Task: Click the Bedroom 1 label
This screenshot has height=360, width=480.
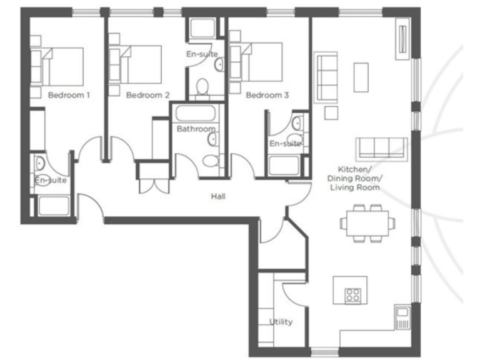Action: (69, 96)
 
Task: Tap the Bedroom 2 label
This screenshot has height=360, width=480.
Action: (147, 96)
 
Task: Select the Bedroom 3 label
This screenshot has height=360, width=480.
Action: (267, 96)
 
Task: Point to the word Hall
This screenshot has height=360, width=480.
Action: (218, 197)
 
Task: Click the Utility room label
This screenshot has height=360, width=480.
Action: (281, 322)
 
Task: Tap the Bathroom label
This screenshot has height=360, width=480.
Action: (196, 129)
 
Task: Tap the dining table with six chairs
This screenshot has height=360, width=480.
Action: (367, 222)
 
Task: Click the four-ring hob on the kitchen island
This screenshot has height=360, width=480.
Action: (353, 295)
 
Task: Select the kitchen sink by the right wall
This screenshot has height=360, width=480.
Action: (402, 317)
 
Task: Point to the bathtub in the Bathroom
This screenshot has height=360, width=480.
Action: (196, 114)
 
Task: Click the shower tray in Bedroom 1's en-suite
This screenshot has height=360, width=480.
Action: (53, 206)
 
